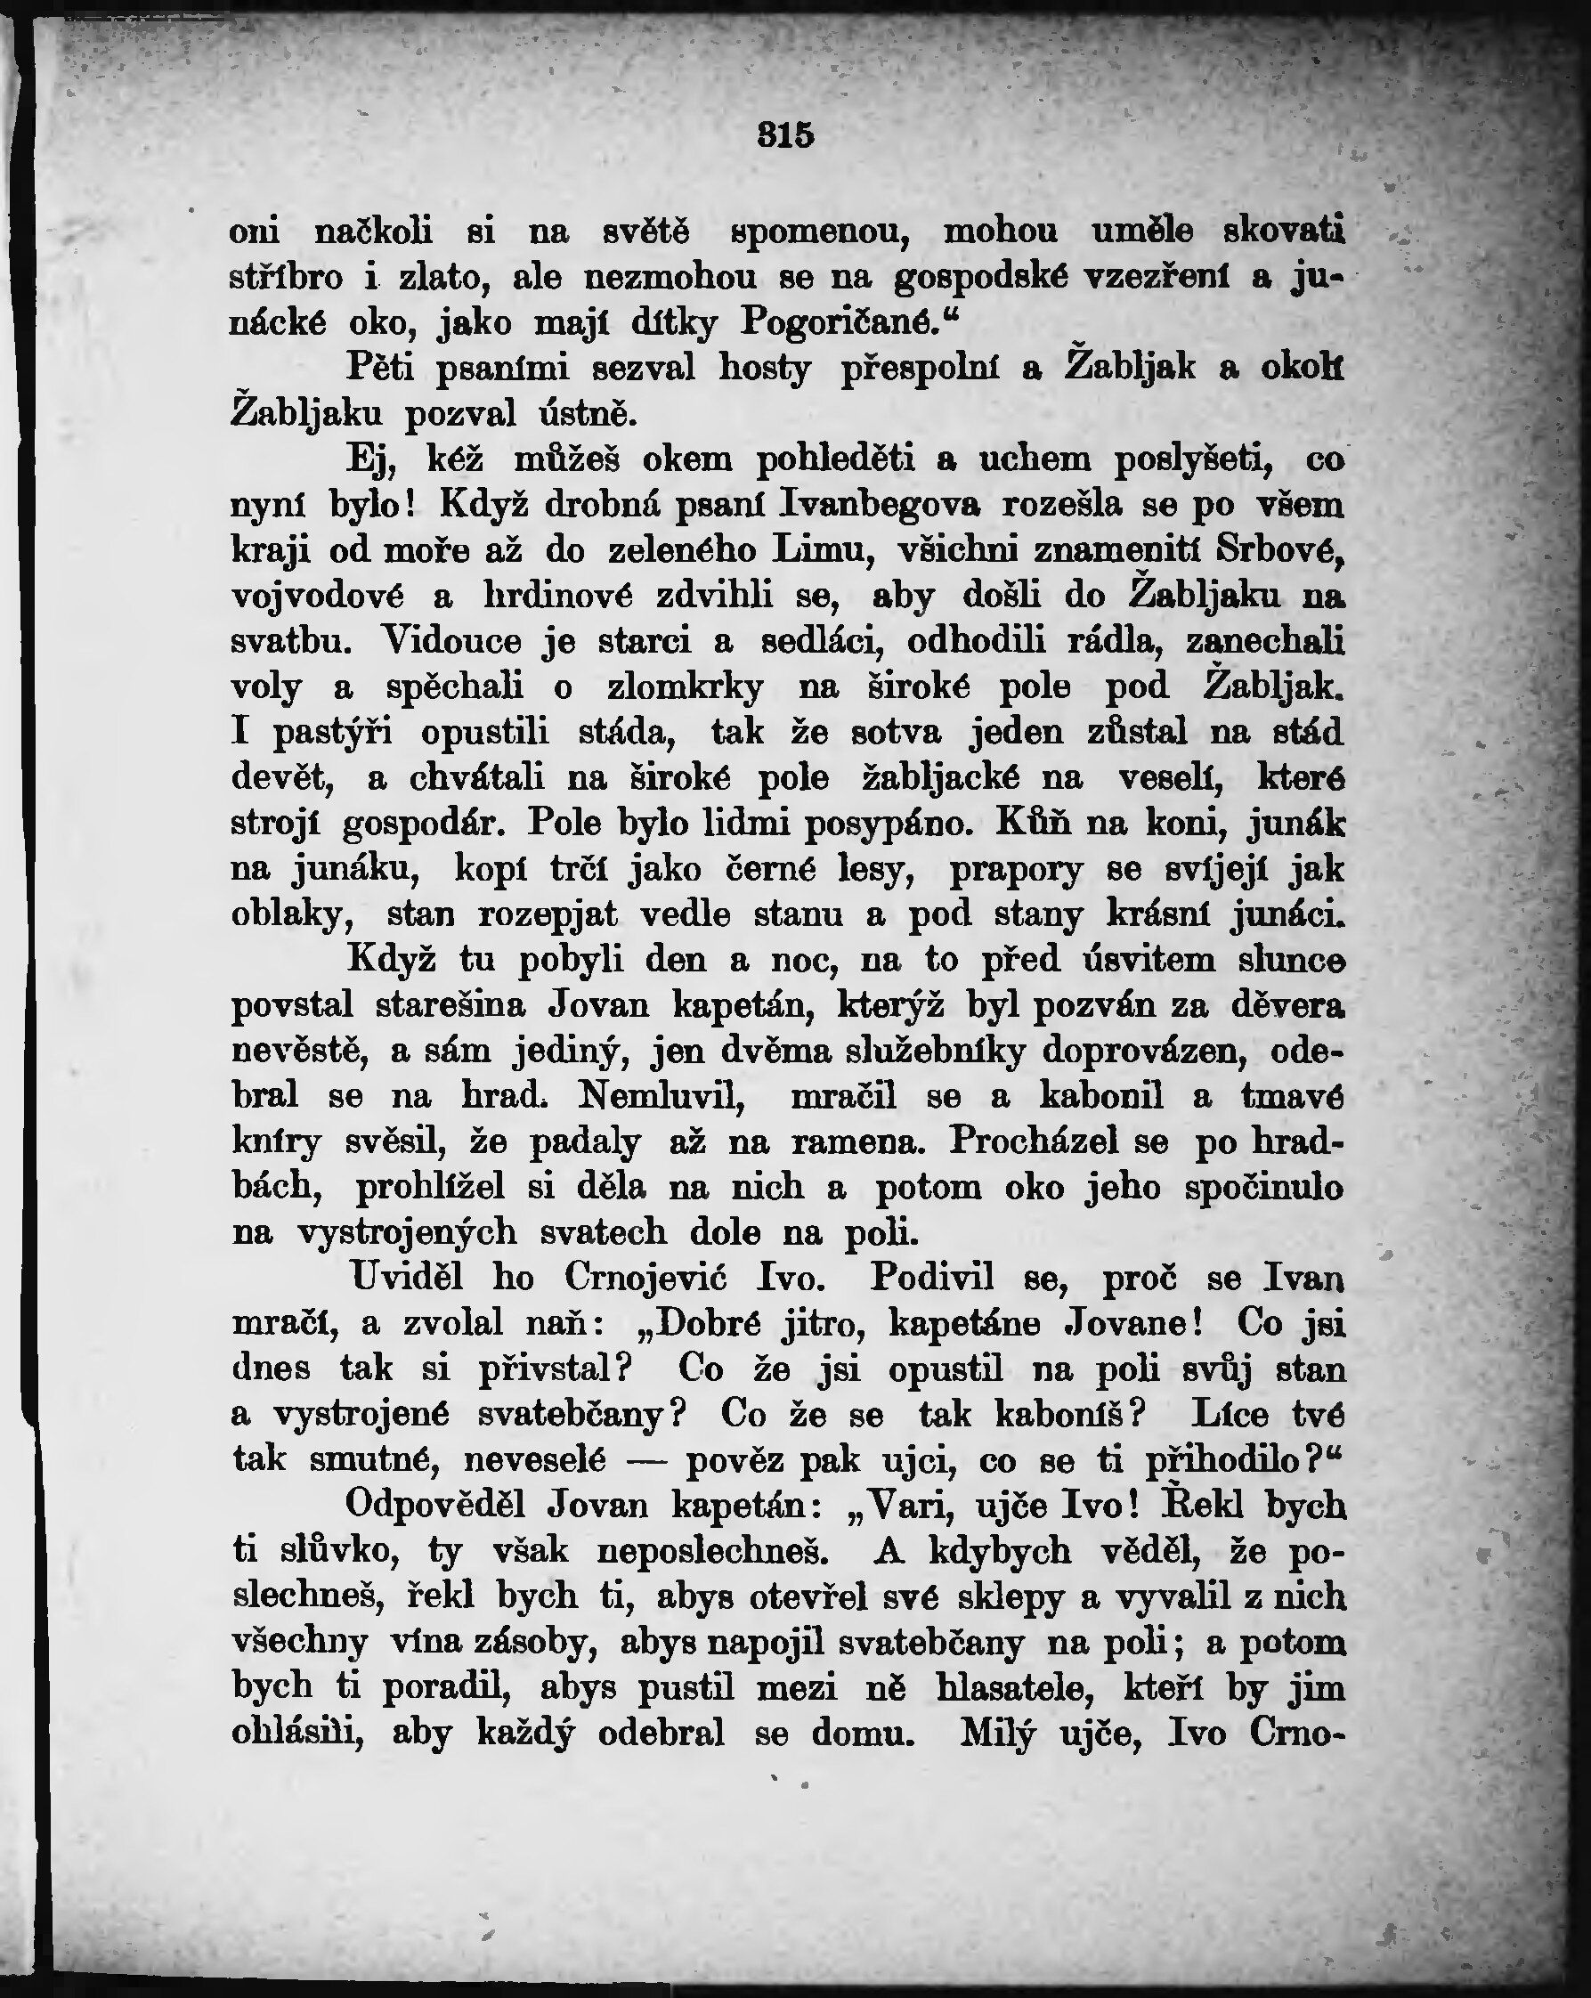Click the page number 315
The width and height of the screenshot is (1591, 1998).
pos(786,135)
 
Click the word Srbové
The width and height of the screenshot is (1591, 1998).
pos(1278,550)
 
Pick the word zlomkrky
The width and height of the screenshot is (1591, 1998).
pos(685,687)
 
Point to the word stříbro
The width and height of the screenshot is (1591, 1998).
pos(287,277)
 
